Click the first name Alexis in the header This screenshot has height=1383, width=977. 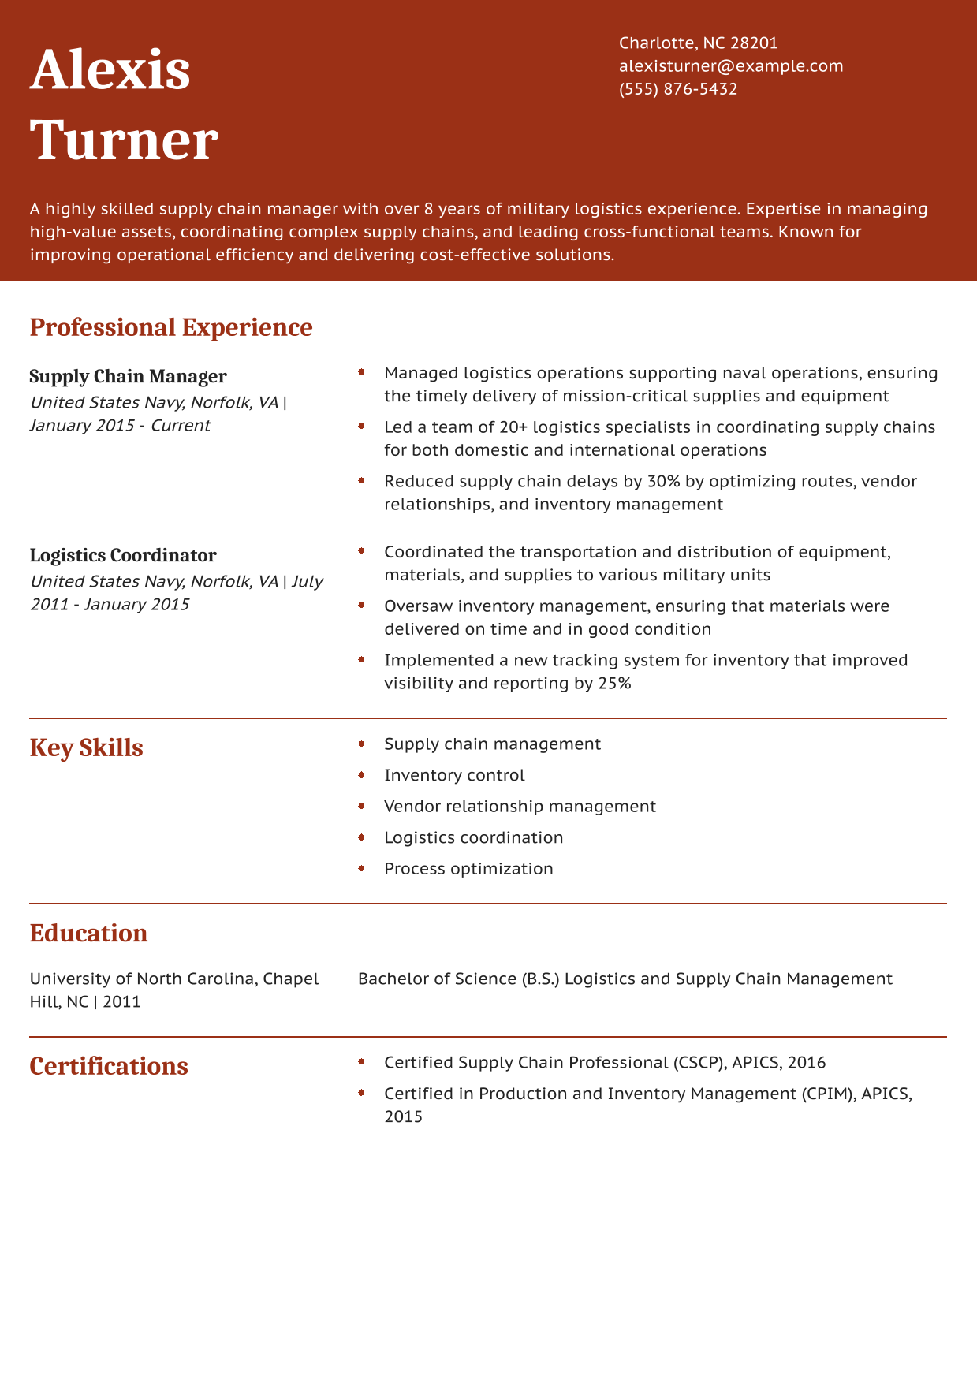(110, 70)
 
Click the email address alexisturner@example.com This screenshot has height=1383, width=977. (731, 66)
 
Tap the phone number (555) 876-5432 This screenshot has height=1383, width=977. (678, 89)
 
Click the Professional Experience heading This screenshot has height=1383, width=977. (171, 327)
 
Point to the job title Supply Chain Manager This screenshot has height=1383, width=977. (128, 377)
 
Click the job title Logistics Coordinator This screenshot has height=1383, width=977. (123, 556)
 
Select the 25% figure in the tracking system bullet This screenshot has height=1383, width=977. (614, 684)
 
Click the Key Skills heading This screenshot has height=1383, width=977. (86, 748)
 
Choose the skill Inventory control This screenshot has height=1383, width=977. (454, 776)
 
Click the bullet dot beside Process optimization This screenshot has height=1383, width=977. (361, 868)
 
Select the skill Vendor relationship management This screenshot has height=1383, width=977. (520, 807)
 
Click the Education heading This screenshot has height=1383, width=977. (88, 934)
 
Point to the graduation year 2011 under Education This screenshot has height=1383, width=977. (121, 1002)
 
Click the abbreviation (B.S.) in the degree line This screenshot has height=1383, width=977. (540, 979)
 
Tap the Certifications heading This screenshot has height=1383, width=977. (109, 1067)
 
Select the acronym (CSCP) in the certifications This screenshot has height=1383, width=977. (699, 1063)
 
